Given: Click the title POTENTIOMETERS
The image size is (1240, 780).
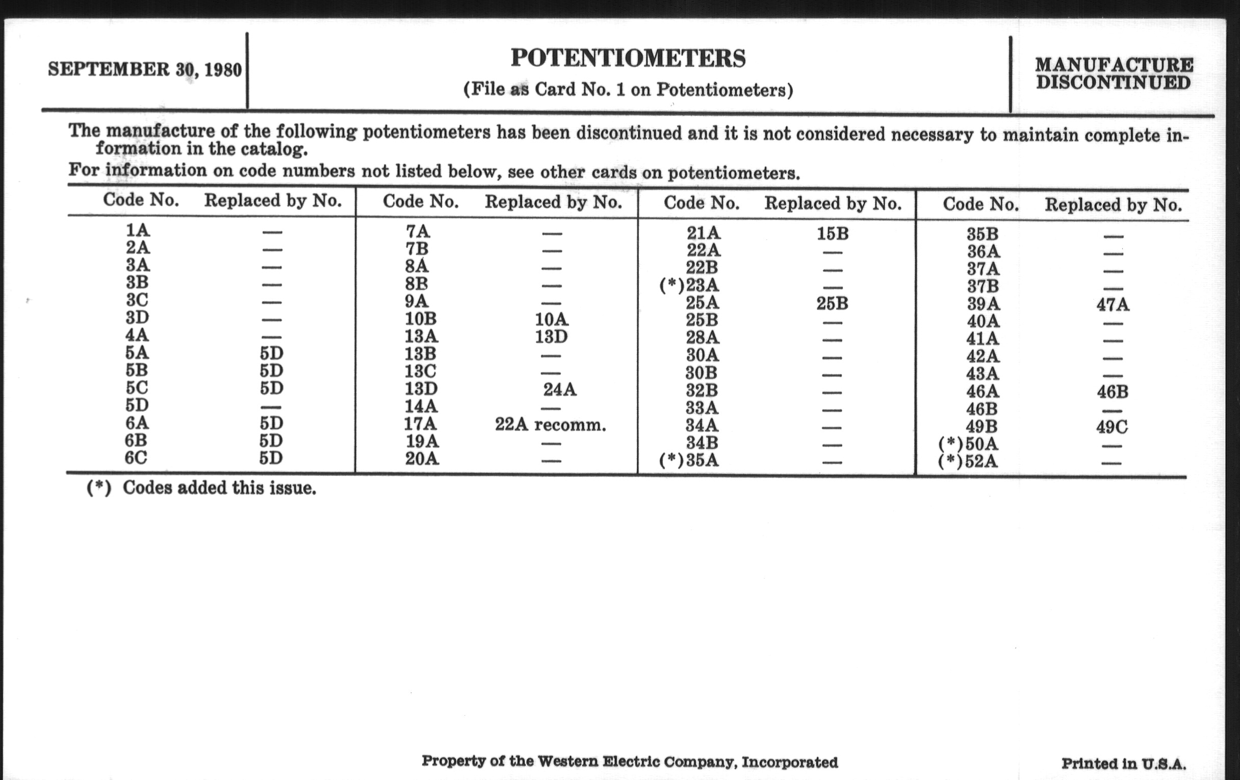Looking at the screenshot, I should click(x=628, y=58).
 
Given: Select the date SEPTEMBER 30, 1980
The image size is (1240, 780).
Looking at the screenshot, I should click(x=145, y=69).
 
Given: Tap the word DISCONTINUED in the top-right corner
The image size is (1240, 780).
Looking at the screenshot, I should click(x=1114, y=83).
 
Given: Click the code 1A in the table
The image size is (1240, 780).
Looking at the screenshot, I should click(x=138, y=230).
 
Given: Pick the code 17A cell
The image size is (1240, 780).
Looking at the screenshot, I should click(x=420, y=424).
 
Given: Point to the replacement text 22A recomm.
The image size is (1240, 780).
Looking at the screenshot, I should click(x=551, y=425).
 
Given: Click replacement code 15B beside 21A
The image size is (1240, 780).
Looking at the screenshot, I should click(x=832, y=233).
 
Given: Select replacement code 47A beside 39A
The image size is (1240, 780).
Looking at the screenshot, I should click(x=1113, y=305).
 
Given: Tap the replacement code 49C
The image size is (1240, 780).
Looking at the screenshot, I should click(x=1112, y=427).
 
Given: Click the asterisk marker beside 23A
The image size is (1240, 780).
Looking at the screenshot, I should click(x=671, y=285).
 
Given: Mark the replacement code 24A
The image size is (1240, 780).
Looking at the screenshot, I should click(x=560, y=389).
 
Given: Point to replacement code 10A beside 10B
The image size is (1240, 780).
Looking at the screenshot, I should click(x=551, y=319).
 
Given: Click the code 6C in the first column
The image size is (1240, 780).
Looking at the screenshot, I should click(x=136, y=457).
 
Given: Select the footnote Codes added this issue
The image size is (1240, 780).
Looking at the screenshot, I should click(x=219, y=487).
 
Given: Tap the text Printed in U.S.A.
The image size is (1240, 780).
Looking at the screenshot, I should click(x=1123, y=764).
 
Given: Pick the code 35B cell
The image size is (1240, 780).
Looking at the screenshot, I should click(x=982, y=235).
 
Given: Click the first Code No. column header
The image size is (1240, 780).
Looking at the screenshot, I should click(x=141, y=200).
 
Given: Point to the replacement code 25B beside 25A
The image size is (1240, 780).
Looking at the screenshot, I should click(x=832, y=303).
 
